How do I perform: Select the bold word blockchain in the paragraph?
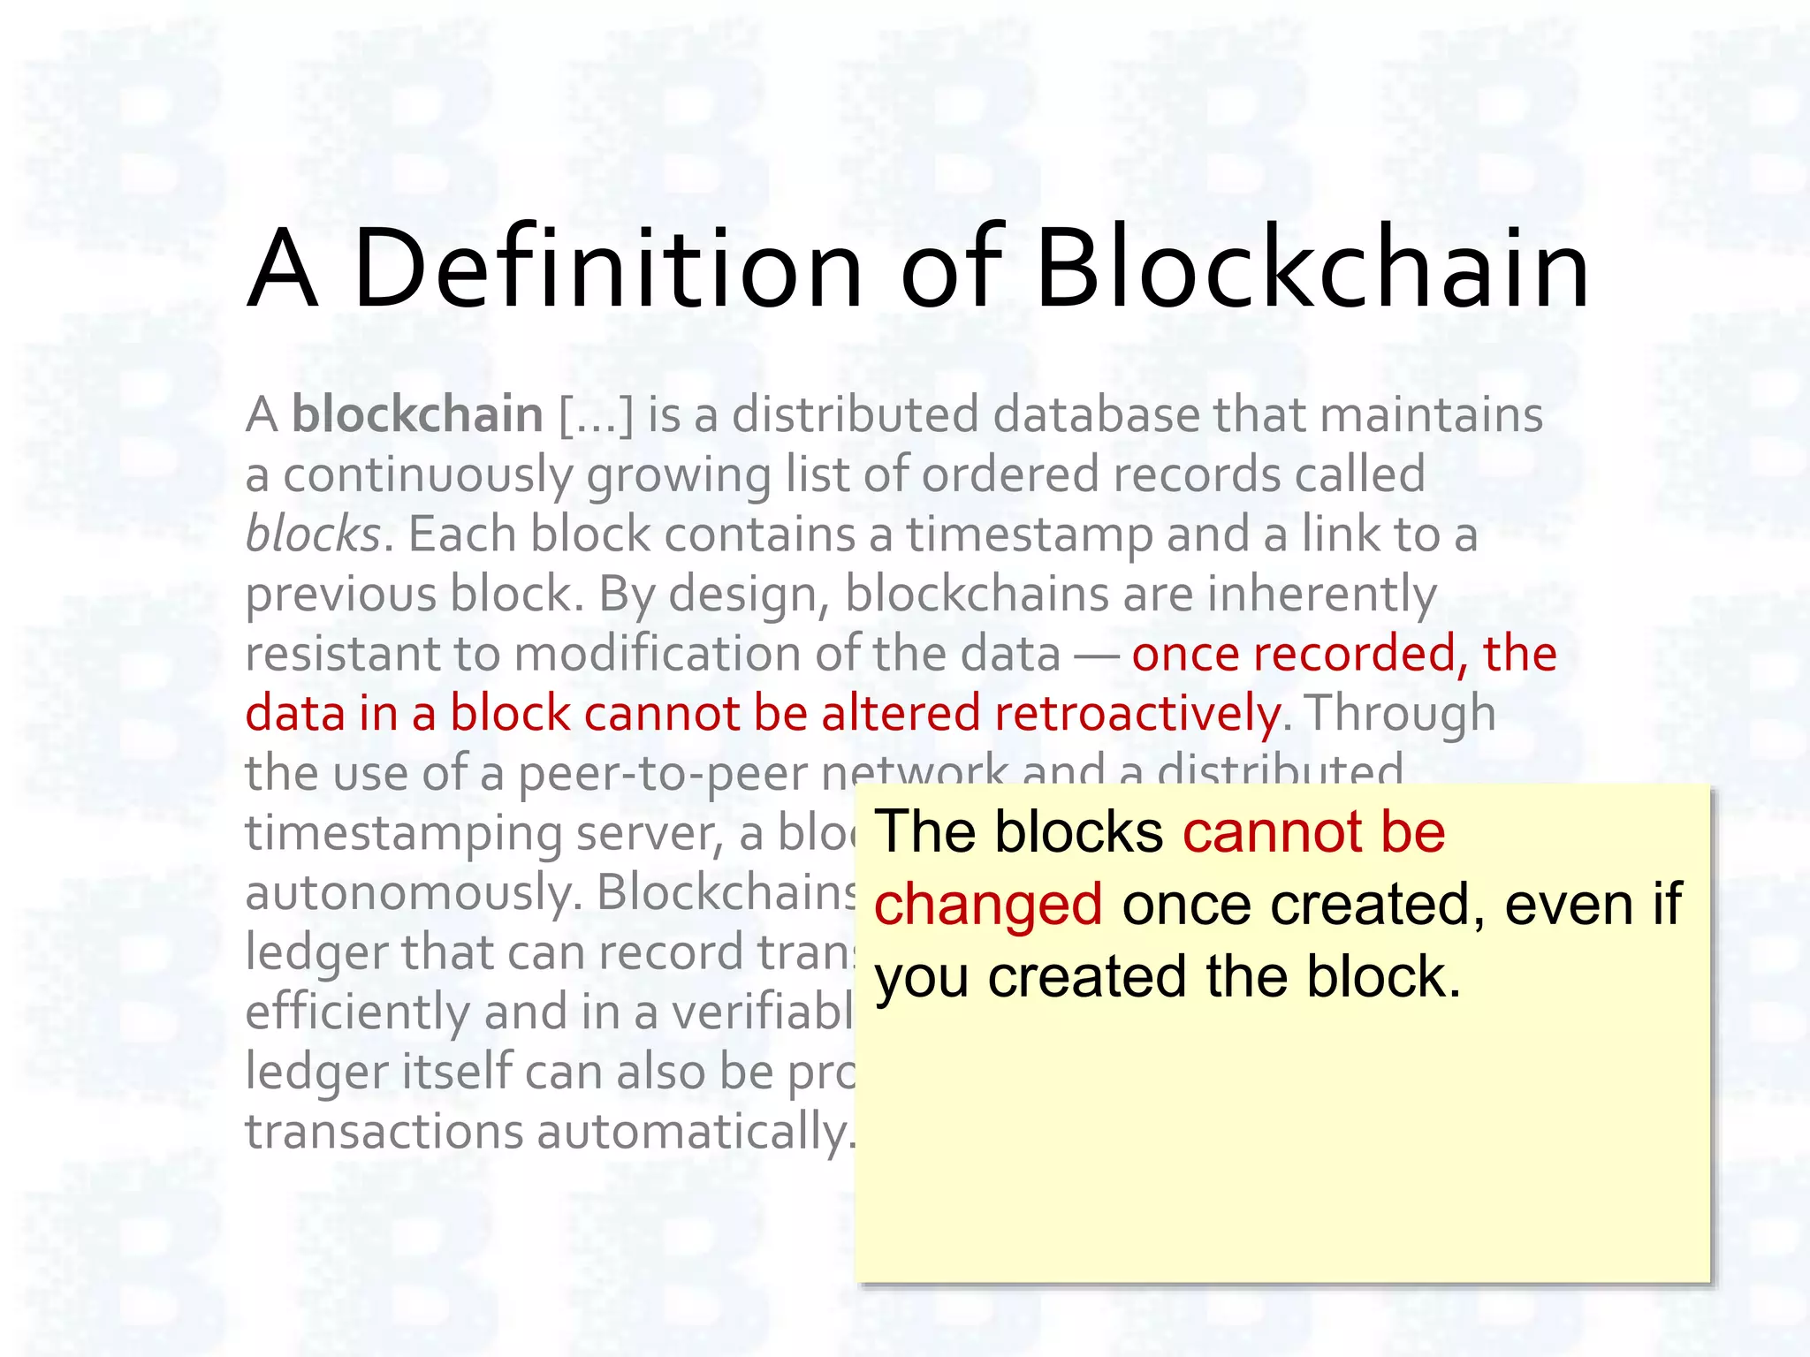point(417,415)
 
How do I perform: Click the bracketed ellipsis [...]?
point(597,415)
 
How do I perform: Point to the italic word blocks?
point(313,534)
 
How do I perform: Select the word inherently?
point(1322,594)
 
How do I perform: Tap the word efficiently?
point(357,1012)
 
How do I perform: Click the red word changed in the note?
point(988,904)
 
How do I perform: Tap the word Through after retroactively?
point(1400,713)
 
